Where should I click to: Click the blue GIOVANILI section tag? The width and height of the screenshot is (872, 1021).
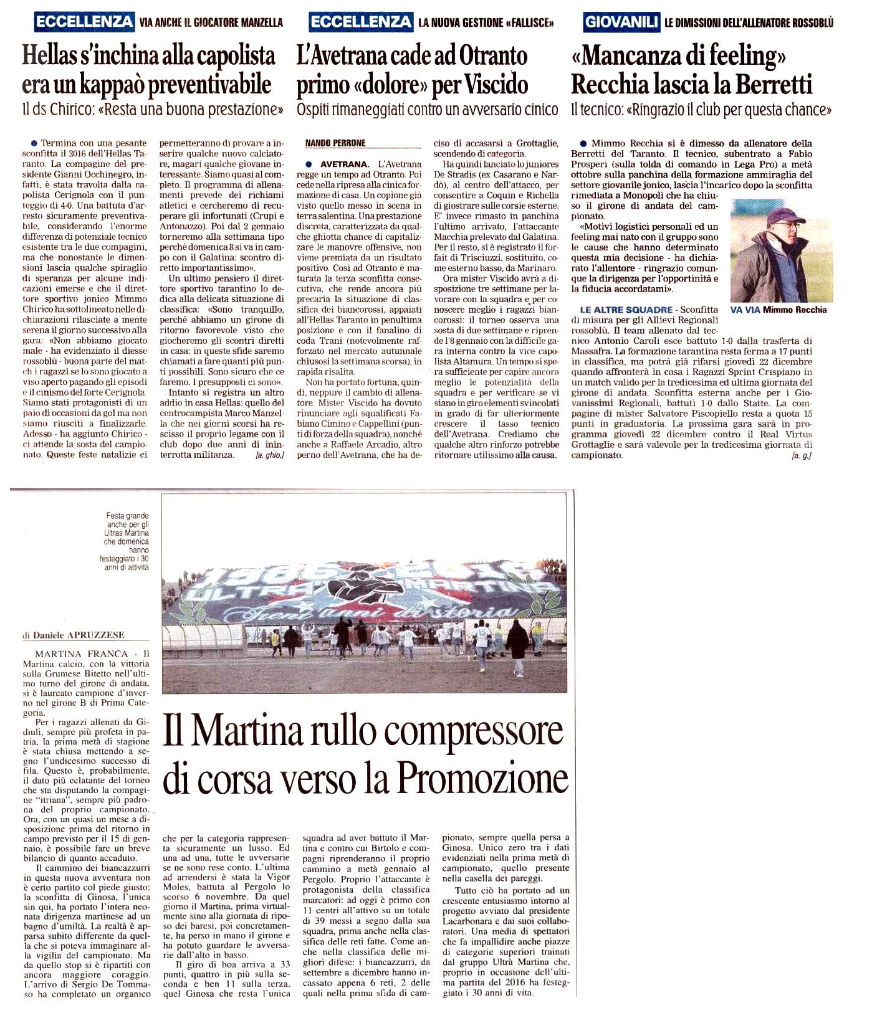(621, 22)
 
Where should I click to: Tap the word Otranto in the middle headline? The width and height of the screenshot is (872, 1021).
(484, 56)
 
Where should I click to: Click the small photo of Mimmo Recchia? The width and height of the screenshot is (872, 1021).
(782, 250)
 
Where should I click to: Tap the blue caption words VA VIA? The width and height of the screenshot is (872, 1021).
(745, 310)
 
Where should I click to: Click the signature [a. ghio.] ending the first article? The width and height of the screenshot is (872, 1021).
(269, 456)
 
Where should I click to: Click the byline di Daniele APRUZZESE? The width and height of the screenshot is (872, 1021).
(74, 635)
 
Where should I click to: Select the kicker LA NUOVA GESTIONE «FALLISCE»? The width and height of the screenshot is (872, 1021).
(486, 23)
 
